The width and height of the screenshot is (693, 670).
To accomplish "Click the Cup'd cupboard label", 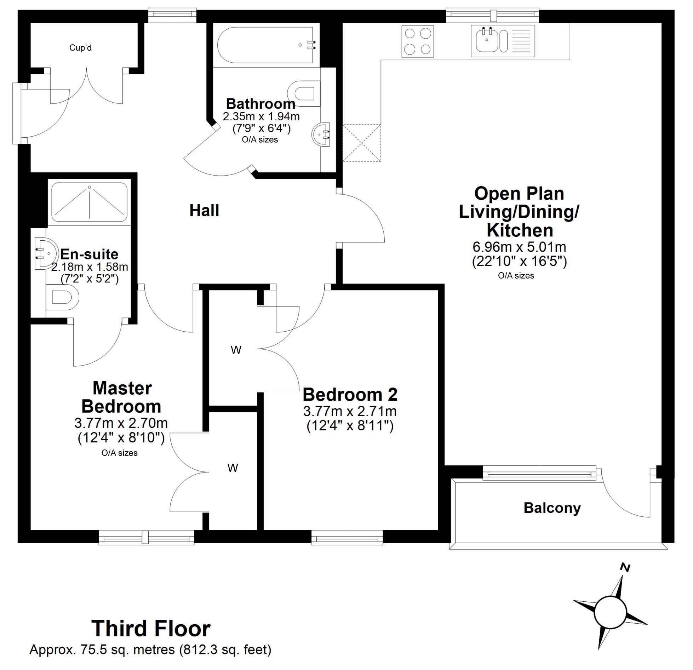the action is tap(80, 48).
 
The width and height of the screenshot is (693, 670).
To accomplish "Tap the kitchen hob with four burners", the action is tap(418, 41).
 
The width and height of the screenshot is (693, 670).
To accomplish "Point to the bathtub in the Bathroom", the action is tap(265, 45).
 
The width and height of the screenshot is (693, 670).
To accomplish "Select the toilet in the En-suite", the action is tap(62, 298).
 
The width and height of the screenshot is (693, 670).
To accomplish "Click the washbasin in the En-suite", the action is tap(46, 253).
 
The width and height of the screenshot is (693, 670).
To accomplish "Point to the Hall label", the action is tap(204, 211).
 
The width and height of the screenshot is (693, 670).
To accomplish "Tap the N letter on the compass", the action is tap(625, 568).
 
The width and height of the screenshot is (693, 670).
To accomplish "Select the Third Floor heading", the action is tap(151, 628).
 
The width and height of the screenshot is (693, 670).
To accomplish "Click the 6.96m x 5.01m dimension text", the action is tap(519, 247).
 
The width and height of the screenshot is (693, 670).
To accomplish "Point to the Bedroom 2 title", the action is tap(350, 395).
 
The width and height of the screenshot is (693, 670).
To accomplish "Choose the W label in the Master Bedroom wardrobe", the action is tap(233, 468).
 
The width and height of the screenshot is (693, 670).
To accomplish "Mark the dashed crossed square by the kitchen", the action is tap(362, 143).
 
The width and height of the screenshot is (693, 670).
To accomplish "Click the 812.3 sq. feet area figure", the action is tap(225, 649).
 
